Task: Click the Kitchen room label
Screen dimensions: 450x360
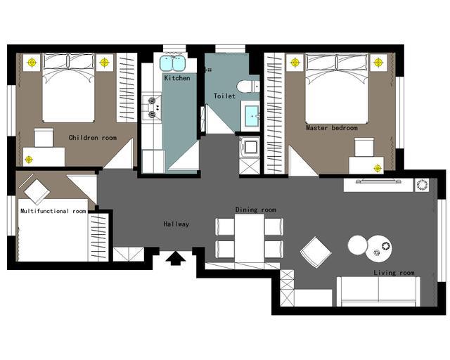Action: [x=177, y=78]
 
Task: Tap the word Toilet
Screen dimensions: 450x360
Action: [x=224, y=96]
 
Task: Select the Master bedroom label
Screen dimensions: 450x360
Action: [x=331, y=128]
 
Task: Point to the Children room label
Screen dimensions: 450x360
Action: [x=92, y=138]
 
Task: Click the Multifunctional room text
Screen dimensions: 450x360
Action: [x=53, y=211]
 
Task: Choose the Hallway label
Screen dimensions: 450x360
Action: [x=176, y=224]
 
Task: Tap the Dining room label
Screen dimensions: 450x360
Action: [x=255, y=210]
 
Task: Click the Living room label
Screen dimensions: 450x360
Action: [x=394, y=272]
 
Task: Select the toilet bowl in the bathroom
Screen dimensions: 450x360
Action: [x=248, y=86]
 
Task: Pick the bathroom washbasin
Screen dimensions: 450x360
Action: [x=252, y=116]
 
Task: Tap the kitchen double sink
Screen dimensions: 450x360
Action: [x=172, y=63]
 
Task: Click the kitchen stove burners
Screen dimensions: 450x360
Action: [x=152, y=108]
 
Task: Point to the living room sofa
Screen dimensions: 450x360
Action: [x=378, y=291]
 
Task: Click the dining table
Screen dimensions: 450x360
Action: [x=249, y=238]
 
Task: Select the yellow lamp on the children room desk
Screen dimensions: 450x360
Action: [x=28, y=160]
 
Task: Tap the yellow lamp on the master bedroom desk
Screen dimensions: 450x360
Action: [x=378, y=168]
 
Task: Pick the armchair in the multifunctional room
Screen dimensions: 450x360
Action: [x=37, y=191]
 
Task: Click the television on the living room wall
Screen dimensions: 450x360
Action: [x=378, y=181]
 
